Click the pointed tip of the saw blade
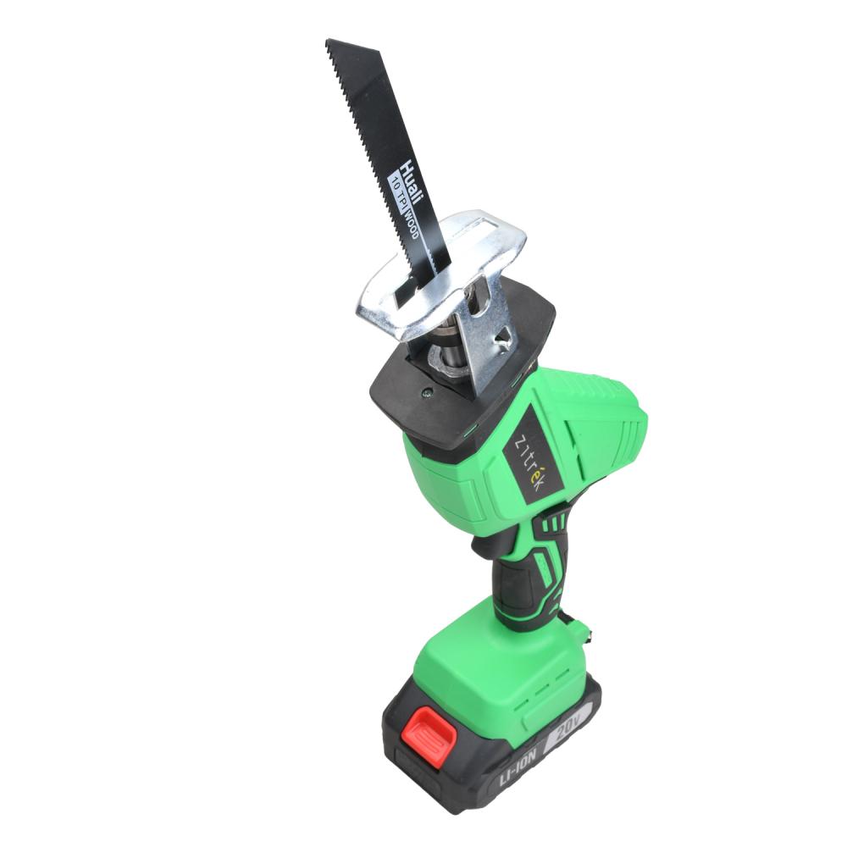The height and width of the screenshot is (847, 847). [x=326, y=40]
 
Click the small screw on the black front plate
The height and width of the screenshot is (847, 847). [x=427, y=393]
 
